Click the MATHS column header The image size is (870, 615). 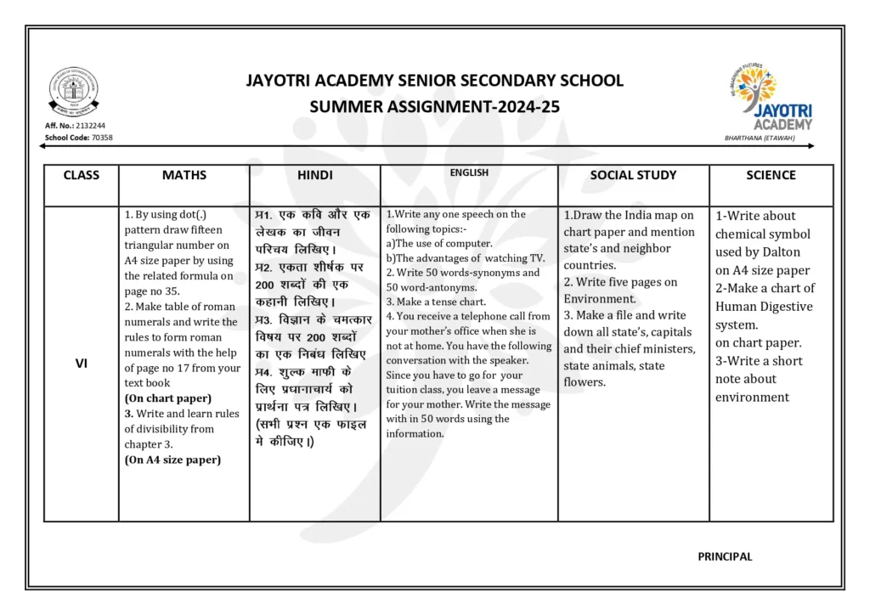click(x=184, y=175)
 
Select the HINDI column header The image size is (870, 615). click(x=314, y=175)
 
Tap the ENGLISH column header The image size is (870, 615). click(x=469, y=172)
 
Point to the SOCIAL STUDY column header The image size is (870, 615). click(x=633, y=175)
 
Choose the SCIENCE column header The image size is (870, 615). click(x=771, y=175)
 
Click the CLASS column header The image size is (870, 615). click(x=82, y=175)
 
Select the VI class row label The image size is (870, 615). click(x=82, y=363)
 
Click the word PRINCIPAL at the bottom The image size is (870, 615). click(x=725, y=556)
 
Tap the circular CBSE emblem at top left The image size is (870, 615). click(x=73, y=92)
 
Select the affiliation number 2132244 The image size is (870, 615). click(x=89, y=126)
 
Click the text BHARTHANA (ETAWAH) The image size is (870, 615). click(x=760, y=138)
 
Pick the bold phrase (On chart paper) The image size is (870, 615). click(x=168, y=398)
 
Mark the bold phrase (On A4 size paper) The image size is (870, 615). click(x=172, y=460)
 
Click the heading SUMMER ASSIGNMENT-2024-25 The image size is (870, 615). click(x=434, y=107)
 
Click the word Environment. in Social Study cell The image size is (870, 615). click(x=600, y=299)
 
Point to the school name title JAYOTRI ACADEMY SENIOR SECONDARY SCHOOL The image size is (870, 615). click(x=434, y=81)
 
